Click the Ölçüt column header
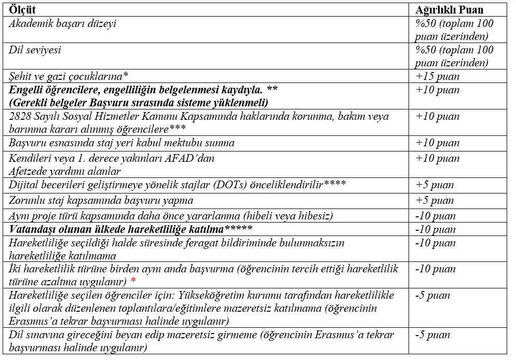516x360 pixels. point(23,10)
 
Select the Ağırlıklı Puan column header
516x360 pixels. point(449,10)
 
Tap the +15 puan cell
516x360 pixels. point(437,76)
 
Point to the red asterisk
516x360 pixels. point(133,281)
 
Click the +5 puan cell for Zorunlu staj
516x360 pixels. point(434,200)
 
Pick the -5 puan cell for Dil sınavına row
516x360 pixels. point(433,335)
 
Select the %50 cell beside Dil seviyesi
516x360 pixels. point(454,56)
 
